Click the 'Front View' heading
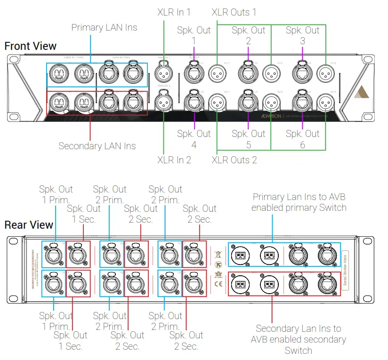point(30,46)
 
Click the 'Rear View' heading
point(29,225)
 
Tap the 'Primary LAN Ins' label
point(104,27)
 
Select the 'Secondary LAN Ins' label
point(97,146)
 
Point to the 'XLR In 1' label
point(174,12)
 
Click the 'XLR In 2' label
point(174,160)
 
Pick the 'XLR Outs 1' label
point(234,12)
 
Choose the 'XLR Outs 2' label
point(234,160)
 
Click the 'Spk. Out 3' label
point(302,35)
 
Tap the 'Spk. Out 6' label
point(302,139)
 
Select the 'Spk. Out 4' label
point(194,139)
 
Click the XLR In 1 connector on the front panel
point(163,72)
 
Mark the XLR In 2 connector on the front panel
point(163,100)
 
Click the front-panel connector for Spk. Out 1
point(194,72)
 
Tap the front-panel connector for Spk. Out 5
point(248,100)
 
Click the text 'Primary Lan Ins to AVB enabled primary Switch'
point(299,202)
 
